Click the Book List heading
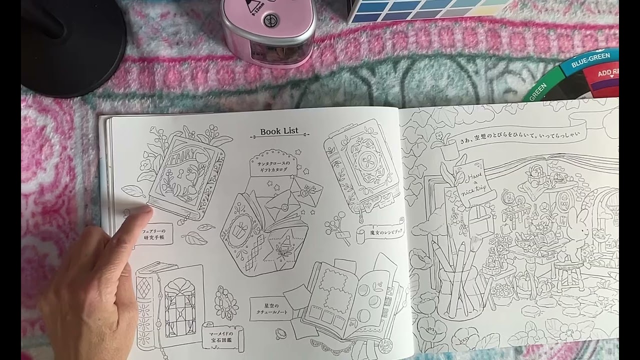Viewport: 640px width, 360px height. pos(279,131)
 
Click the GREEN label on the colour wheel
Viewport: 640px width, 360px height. pos(538,93)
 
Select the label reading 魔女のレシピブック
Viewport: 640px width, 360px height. pos(380,232)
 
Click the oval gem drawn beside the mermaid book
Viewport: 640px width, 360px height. pos(225,302)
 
